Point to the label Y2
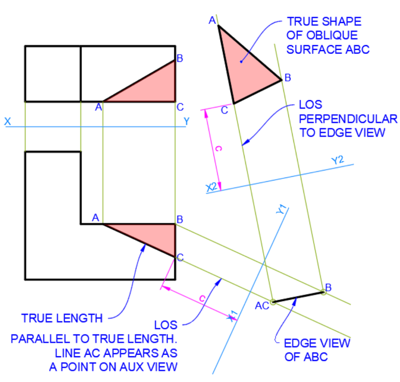[x=338, y=161]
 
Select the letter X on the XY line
[x=8, y=121]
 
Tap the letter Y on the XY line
[x=187, y=121]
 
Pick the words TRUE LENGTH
[x=62, y=318]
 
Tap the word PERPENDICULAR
[x=348, y=118]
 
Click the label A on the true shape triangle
[x=212, y=20]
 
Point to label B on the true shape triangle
[x=288, y=78]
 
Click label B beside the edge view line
[x=328, y=288]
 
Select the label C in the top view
[x=180, y=108]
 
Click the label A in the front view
[x=96, y=218]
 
